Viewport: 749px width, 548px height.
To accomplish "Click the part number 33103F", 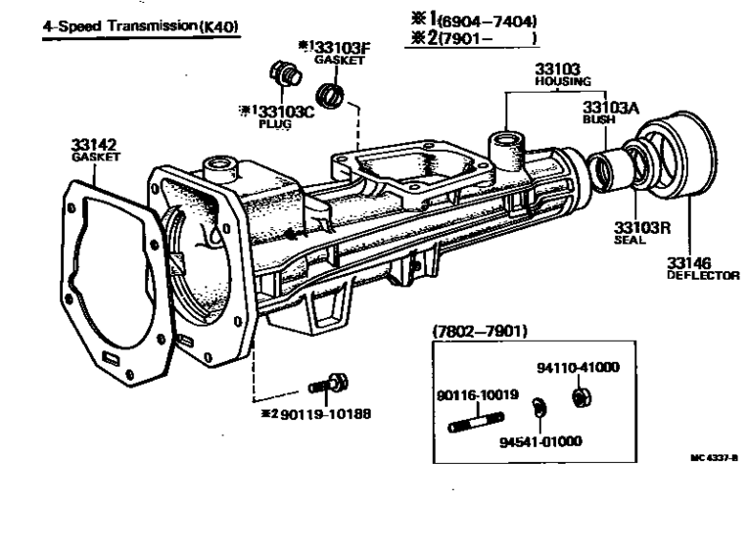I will (339, 45).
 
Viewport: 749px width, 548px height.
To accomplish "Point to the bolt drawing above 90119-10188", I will (325, 383).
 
